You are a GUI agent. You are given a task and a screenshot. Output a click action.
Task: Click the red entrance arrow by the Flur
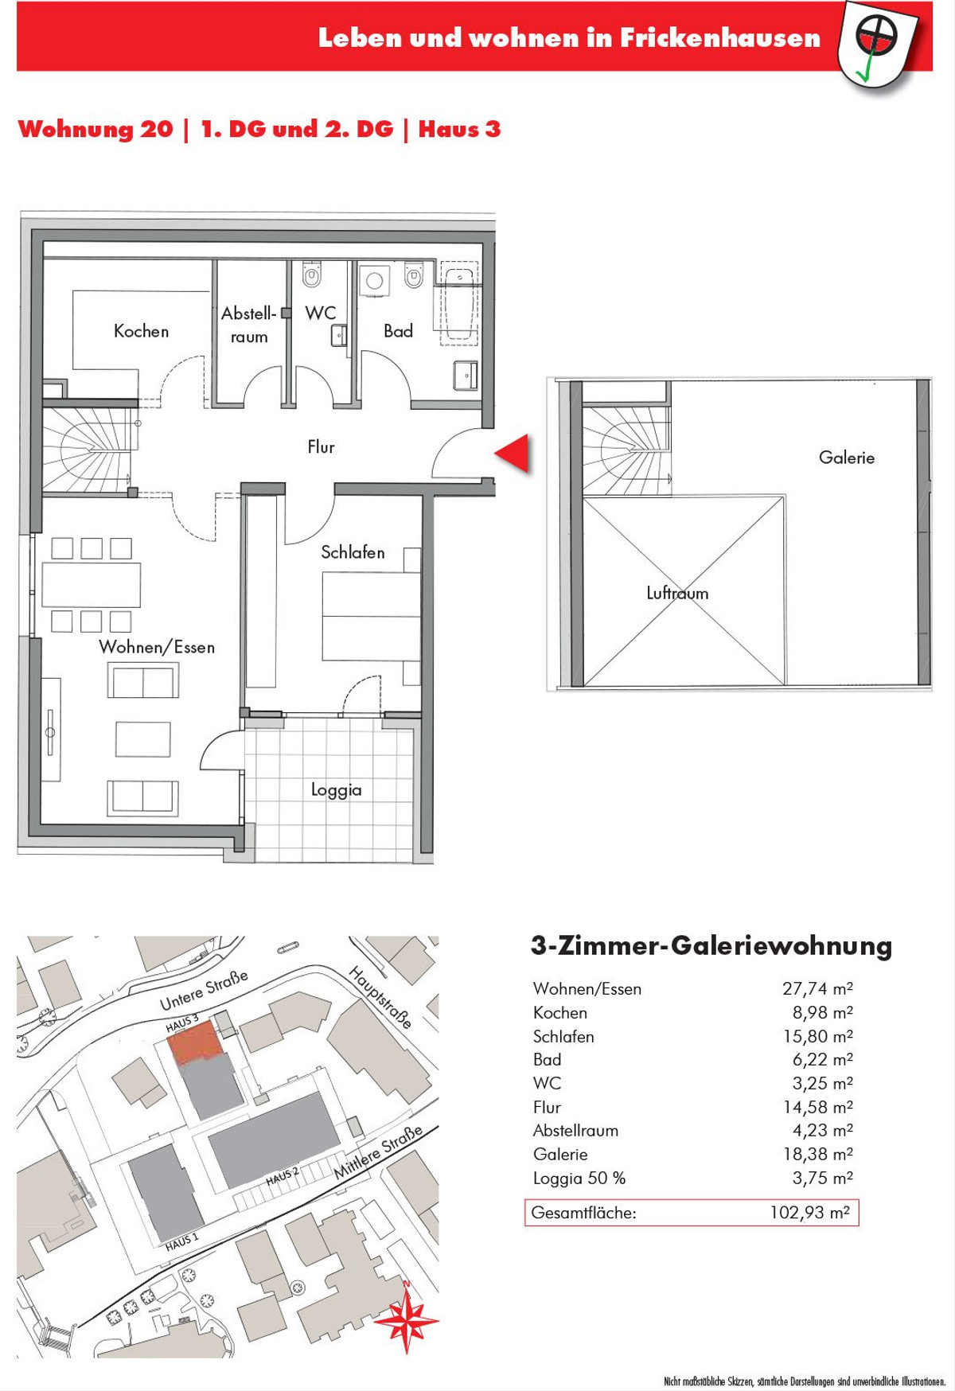[513, 454]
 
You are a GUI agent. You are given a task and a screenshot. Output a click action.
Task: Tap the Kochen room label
[142, 331]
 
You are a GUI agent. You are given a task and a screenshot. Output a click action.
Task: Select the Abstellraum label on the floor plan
[249, 325]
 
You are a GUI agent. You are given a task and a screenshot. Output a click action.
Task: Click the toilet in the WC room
[312, 275]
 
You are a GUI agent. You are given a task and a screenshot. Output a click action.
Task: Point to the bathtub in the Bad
[460, 305]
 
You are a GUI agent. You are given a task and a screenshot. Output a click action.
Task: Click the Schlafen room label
[353, 552]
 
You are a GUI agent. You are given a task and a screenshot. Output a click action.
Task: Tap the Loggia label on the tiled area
[336, 790]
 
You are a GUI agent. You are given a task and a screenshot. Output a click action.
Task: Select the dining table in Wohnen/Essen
[92, 585]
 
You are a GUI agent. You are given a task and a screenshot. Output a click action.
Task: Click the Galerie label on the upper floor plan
[847, 458]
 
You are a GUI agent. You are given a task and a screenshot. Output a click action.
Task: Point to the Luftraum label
[677, 593]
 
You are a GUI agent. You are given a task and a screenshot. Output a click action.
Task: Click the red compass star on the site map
[407, 1319]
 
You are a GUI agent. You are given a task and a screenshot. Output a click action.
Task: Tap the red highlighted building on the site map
[196, 1042]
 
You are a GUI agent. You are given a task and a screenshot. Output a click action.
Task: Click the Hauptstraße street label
[380, 997]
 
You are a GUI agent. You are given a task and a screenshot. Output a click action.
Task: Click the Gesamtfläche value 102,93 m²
[809, 1213]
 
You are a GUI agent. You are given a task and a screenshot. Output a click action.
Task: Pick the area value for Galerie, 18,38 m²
[818, 1154]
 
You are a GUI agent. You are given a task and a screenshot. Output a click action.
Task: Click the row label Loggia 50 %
[579, 1179]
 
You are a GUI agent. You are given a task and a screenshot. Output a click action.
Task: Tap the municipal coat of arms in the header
[877, 44]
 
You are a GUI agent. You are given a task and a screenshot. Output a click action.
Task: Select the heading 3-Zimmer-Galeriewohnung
[711, 946]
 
